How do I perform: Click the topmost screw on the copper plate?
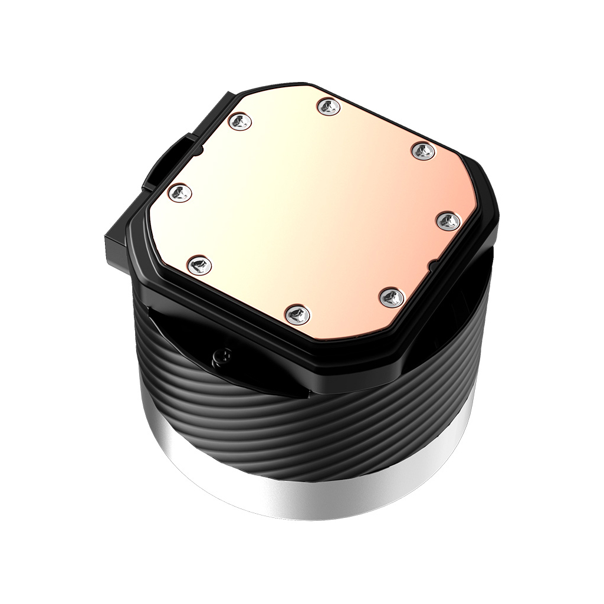coord(328,107)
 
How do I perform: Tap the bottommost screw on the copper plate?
coord(297,314)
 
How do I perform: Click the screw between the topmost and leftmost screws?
coord(239,122)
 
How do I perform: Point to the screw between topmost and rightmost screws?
coord(424,152)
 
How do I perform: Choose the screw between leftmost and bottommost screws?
coord(199,265)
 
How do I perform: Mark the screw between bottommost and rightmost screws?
coord(390,297)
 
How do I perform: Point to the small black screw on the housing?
coord(224,356)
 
